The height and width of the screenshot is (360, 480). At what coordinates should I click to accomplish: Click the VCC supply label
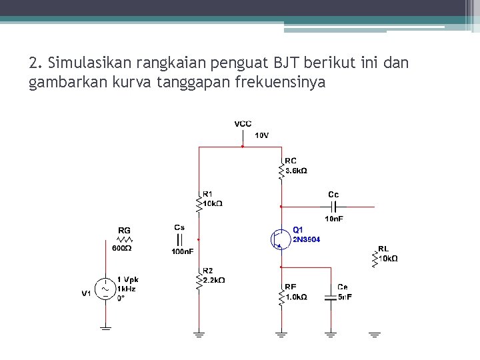point(243,124)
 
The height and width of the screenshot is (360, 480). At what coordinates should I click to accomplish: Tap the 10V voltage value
point(262,135)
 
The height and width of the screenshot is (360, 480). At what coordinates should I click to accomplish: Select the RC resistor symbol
point(281,171)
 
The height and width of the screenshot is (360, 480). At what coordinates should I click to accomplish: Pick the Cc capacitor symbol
point(333,206)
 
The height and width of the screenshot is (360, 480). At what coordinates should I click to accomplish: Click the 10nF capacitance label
point(334,219)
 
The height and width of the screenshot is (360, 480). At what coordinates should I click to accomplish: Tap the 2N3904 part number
point(306,239)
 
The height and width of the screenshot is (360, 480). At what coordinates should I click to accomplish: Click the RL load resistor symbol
point(375,259)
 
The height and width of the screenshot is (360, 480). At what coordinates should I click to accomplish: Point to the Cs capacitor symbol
point(179,239)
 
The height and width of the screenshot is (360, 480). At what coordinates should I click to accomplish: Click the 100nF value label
point(182,251)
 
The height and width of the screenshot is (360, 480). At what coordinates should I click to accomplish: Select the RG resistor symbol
point(125,239)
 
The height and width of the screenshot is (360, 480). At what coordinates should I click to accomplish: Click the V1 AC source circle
point(105,289)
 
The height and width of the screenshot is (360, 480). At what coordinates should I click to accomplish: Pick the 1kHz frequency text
point(127,289)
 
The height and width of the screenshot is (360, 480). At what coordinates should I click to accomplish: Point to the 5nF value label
point(344,297)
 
